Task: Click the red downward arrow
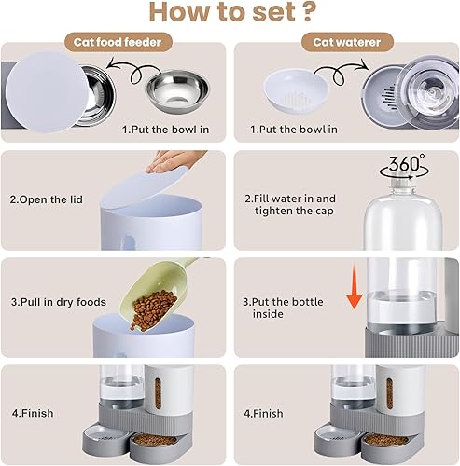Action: [355, 284]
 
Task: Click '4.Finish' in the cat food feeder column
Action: [30, 411]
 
